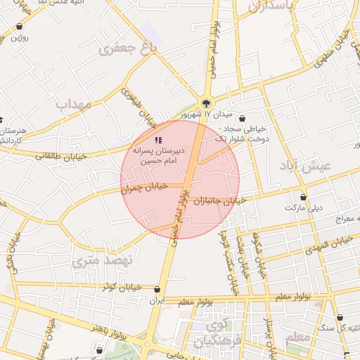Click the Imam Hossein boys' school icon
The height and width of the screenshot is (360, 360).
pos(157,141)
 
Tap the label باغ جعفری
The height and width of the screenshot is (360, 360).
pos(127,49)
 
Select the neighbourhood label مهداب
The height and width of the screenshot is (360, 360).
pos(74,105)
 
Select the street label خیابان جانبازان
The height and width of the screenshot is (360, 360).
pos(219,200)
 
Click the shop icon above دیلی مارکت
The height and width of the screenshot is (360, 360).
pos(303,198)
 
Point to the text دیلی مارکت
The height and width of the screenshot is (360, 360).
pos(302,208)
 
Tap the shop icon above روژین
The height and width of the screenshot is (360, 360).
pos(19,27)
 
